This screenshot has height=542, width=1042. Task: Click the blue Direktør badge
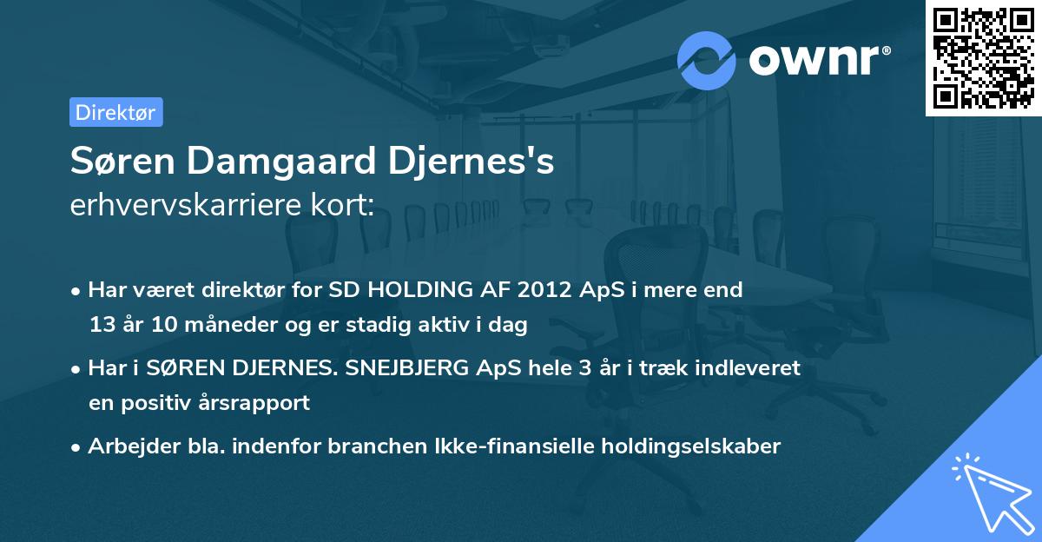click(115, 112)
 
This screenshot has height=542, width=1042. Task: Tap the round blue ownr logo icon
click(707, 60)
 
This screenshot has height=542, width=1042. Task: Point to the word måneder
click(228, 325)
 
